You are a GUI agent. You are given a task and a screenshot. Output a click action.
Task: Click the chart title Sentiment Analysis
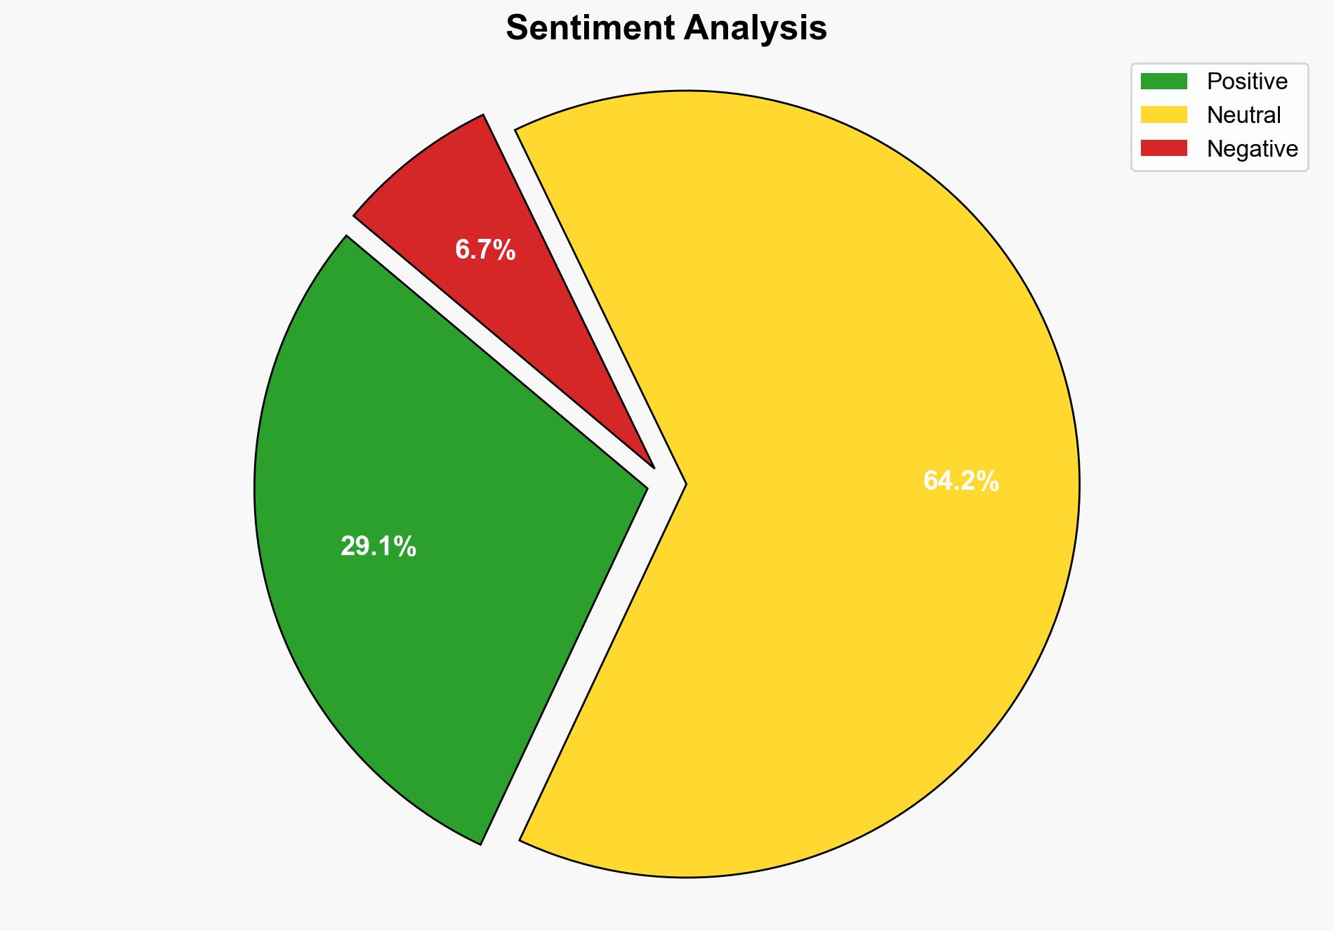pos(666,29)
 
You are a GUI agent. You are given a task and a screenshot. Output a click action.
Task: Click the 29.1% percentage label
pos(378,547)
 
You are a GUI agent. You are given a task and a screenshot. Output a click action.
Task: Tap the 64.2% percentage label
pos(960,481)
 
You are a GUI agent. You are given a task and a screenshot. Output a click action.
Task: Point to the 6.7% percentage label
pos(485,250)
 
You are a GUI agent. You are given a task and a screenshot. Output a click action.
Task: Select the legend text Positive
pos(1247,82)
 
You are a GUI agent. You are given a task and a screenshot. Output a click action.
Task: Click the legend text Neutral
pos(1243,115)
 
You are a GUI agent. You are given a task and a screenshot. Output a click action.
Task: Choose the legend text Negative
pos(1252,149)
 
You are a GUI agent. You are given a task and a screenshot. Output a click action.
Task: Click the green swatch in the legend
pos(1163,82)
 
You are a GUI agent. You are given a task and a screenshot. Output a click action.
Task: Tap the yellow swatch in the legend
pos(1163,115)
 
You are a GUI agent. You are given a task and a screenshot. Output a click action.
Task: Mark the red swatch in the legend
pos(1163,148)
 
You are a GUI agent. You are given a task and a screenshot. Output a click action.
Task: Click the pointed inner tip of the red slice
pos(652,464)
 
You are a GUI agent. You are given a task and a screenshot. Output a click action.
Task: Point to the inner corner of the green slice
pos(644,486)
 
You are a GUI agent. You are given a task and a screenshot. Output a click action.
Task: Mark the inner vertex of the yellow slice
pos(683,484)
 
